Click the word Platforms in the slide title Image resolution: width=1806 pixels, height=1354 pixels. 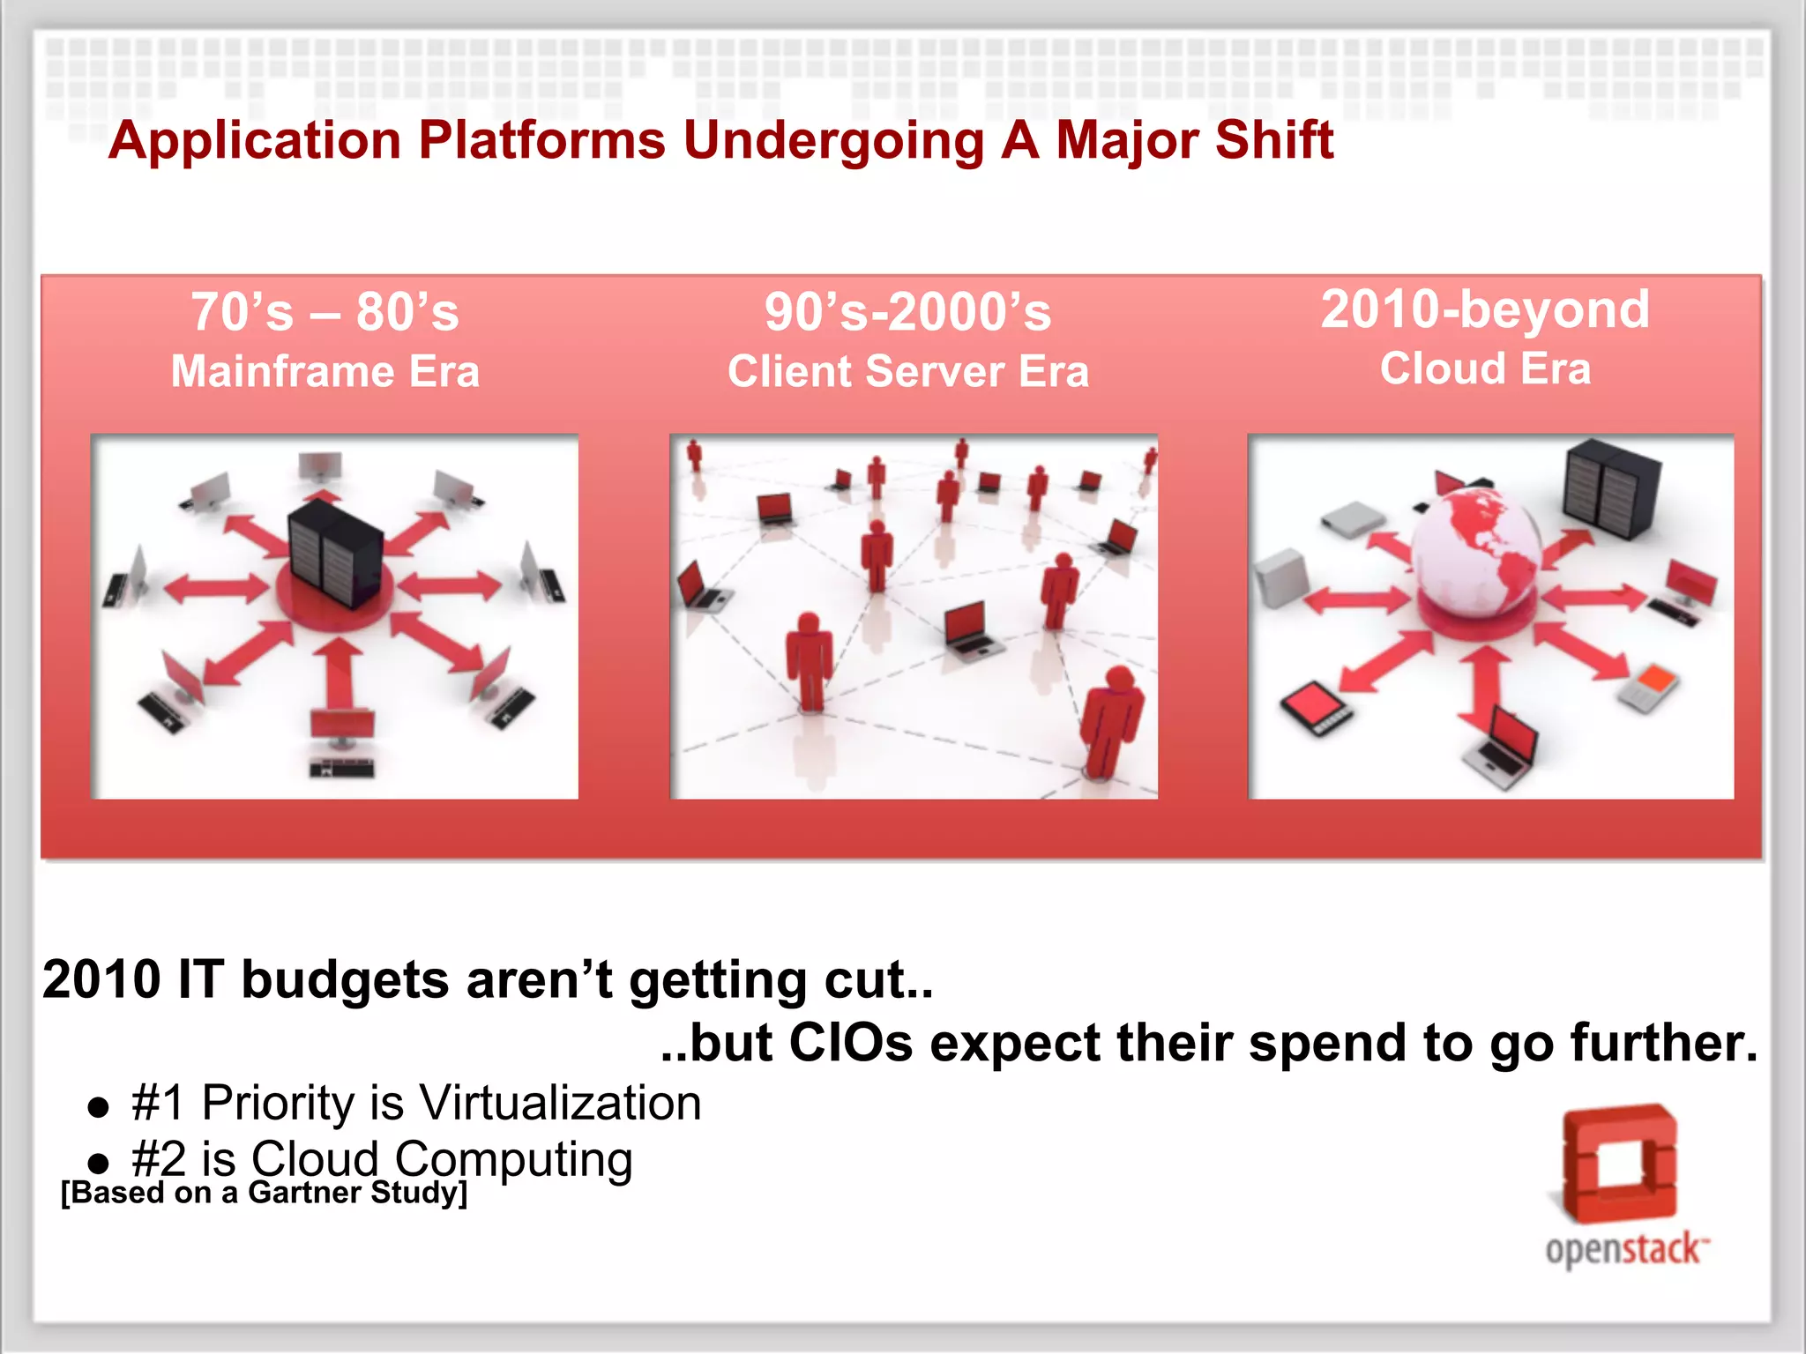point(541,141)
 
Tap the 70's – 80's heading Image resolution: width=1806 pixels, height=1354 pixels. point(325,312)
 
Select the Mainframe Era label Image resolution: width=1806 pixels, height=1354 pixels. point(325,371)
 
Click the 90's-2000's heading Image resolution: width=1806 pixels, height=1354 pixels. point(907,312)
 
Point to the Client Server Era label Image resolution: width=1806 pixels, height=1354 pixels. point(907,371)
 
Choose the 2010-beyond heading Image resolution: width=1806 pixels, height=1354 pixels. point(1485,309)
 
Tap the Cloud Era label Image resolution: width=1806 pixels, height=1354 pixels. point(1485,368)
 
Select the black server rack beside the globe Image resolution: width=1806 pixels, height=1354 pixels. point(1610,490)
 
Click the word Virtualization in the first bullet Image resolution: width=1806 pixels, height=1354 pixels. point(560,1103)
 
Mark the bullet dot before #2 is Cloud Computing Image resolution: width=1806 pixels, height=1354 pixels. point(99,1163)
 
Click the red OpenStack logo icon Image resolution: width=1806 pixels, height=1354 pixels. point(1619,1164)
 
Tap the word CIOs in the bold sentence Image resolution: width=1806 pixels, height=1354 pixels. point(850,1043)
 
